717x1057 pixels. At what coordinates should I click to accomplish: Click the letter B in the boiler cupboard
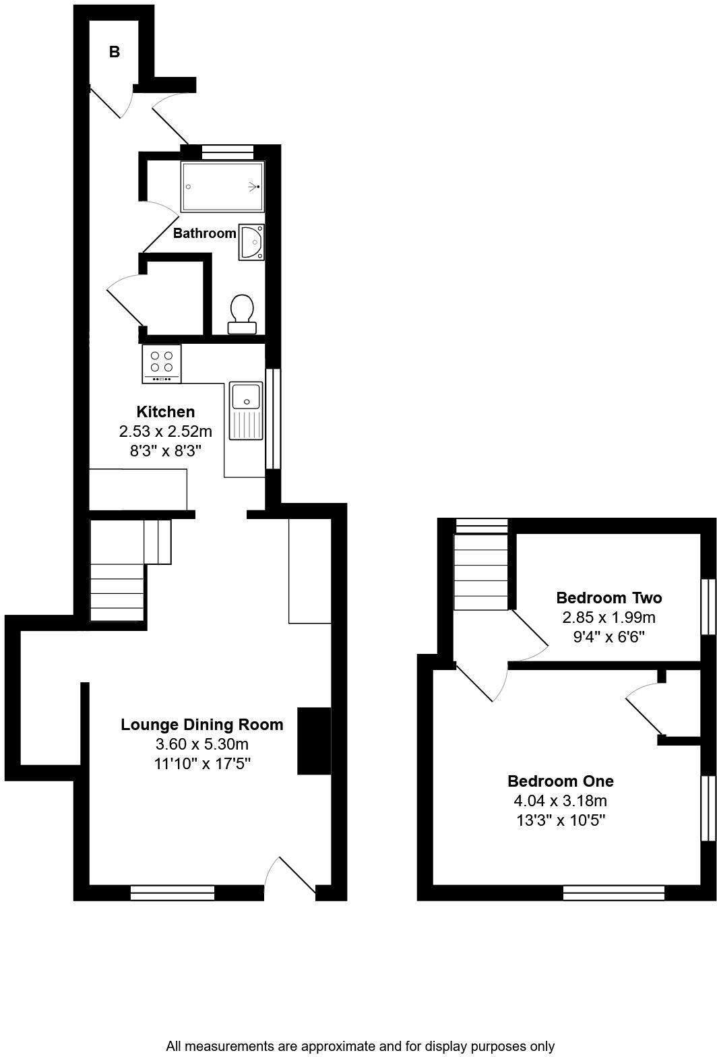pos(115,52)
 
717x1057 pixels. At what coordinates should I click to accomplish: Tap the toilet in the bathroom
pos(242,315)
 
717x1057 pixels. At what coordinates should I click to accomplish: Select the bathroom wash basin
pos(251,242)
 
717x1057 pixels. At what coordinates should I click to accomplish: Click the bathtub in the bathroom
pos(222,187)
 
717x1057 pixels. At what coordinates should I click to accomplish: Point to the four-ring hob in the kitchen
pos(162,363)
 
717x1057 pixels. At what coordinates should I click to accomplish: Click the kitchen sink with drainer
pos(246,411)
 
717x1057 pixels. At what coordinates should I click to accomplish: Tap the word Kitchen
pos(166,412)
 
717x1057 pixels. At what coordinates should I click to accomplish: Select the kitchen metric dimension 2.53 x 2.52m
pos(166,431)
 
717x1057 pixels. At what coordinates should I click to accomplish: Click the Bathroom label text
pos(204,233)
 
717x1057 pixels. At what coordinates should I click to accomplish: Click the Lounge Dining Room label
pos(202,725)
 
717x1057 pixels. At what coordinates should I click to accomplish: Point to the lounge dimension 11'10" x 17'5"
pos(202,764)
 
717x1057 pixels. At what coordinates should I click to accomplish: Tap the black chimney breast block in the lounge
pos(314,741)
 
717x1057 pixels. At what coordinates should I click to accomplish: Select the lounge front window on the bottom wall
pos(173,893)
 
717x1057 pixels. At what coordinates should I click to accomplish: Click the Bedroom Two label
pos(609,597)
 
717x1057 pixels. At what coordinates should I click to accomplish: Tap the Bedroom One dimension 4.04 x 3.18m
pos(561,801)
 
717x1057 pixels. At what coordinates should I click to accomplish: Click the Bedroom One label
pos(561,781)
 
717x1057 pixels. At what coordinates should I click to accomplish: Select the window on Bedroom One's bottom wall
pos(614,893)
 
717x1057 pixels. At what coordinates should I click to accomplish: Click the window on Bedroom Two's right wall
pos(708,607)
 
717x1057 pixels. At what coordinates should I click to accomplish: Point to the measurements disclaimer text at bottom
pos(360,1046)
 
